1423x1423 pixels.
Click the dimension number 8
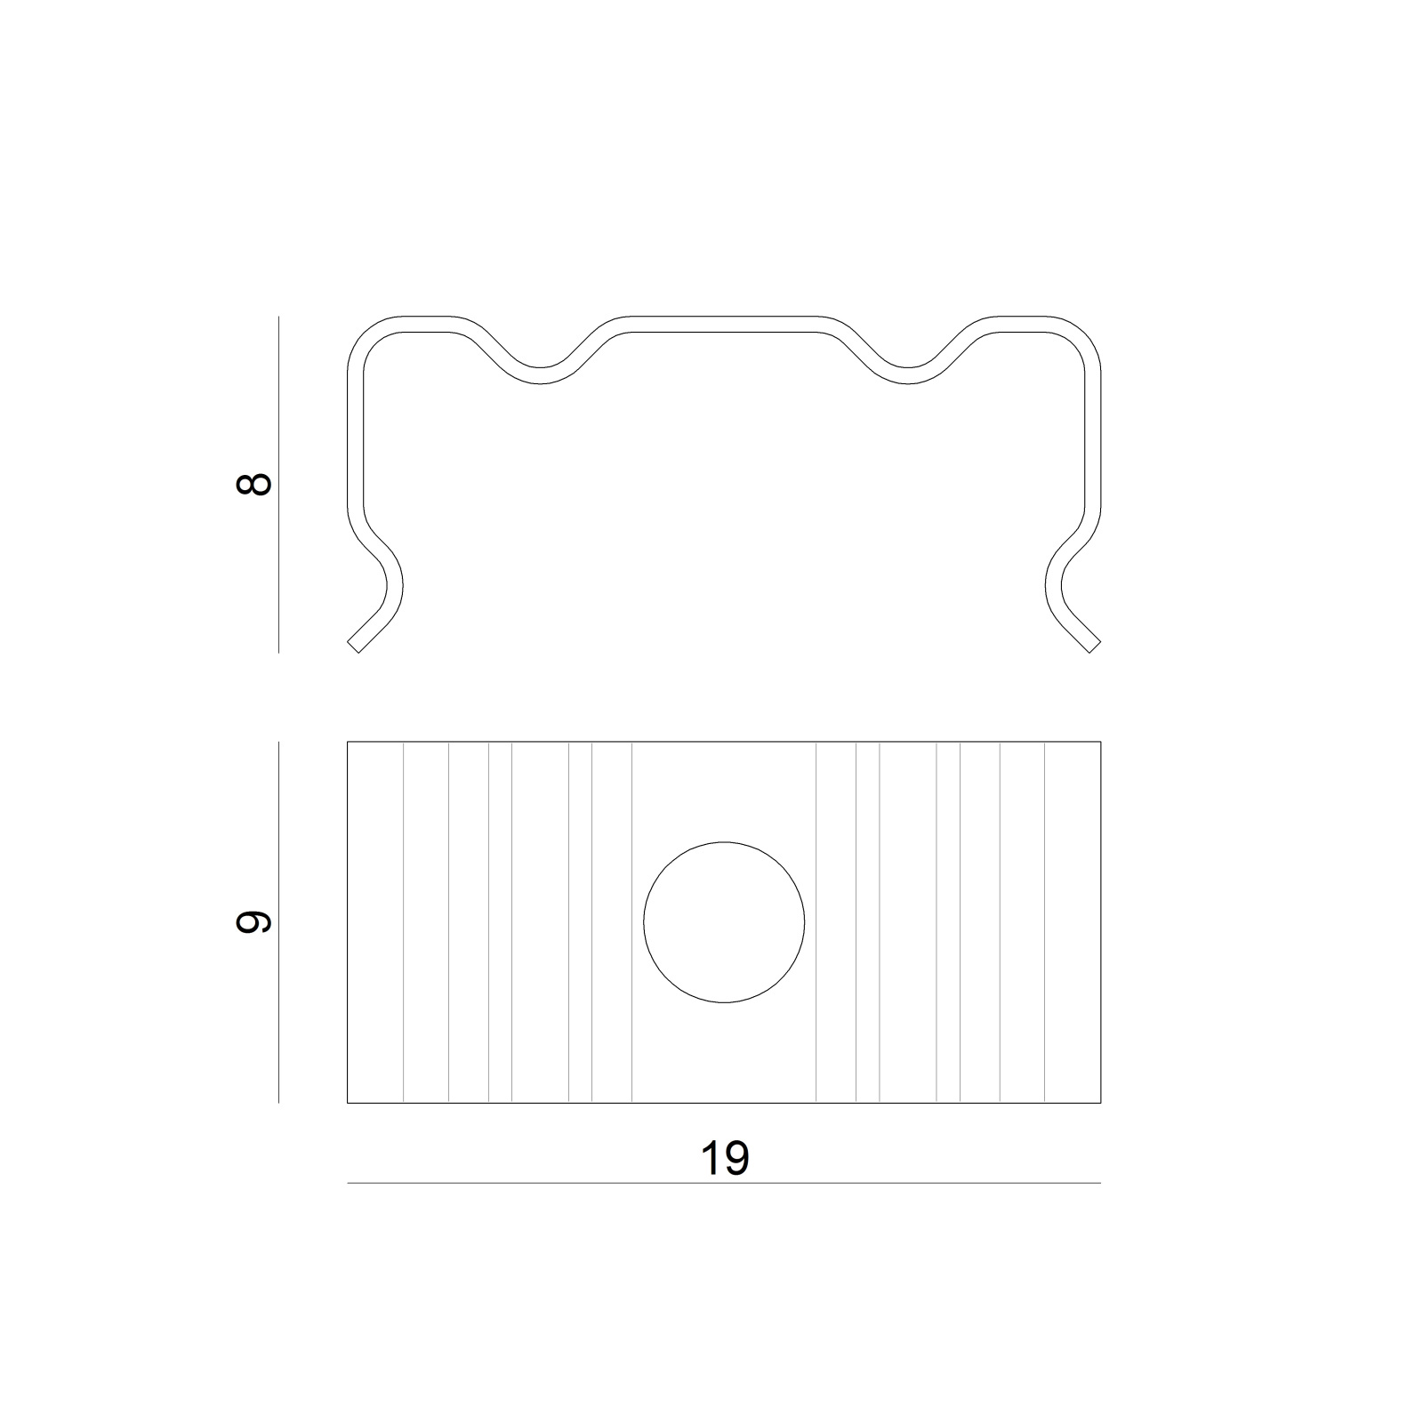254,485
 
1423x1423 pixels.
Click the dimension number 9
254,922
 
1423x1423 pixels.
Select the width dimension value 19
725,1158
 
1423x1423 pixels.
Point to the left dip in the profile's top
540,375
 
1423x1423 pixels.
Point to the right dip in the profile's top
908,375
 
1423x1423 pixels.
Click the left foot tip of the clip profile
352,647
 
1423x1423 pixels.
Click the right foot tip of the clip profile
1096,647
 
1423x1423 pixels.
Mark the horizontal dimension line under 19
724,1183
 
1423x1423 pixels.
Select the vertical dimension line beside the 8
279,485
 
